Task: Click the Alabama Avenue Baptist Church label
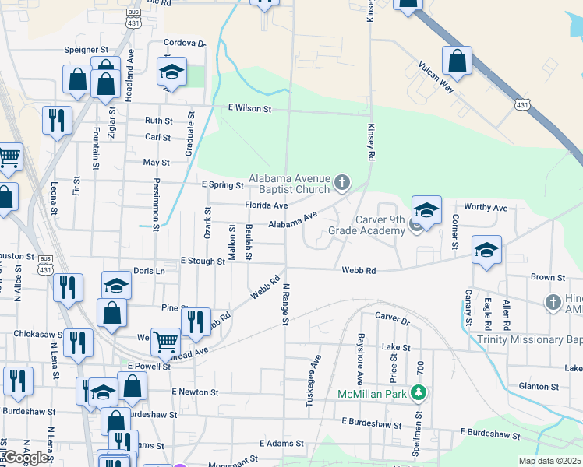(290, 184)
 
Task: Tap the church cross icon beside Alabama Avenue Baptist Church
(341, 184)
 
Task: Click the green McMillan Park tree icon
(419, 393)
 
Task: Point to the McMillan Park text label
(373, 395)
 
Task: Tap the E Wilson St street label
(249, 110)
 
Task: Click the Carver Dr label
(392, 318)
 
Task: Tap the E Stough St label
(203, 262)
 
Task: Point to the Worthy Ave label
(485, 208)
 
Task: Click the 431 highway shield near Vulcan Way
(523, 104)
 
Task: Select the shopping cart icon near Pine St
(165, 340)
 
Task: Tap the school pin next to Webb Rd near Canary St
(486, 250)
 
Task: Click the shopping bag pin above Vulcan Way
(457, 60)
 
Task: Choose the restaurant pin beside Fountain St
(57, 120)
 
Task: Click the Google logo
(26, 458)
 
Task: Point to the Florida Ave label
(267, 205)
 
